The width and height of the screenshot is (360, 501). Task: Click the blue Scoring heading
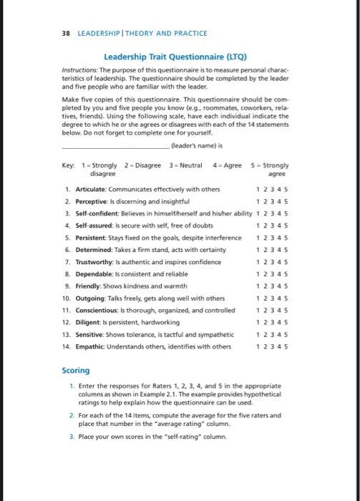(75, 370)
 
